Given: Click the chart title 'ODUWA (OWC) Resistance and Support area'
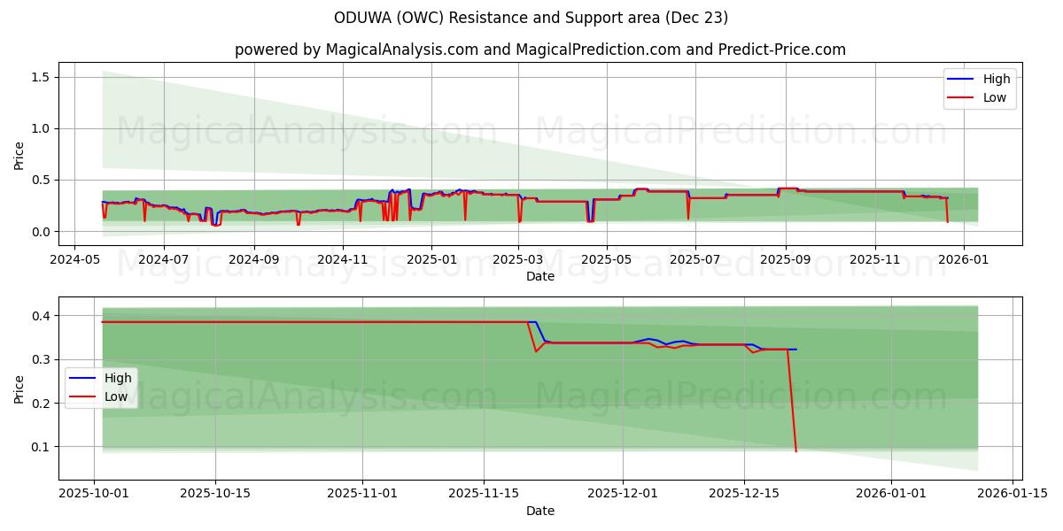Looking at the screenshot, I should point(531,18).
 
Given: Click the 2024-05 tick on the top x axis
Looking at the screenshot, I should point(74,260).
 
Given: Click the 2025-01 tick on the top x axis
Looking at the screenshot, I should point(431,260).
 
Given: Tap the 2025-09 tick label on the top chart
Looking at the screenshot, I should point(785,260).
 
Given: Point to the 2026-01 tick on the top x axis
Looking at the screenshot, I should point(963,260).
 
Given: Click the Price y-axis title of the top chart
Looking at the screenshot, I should point(19,154).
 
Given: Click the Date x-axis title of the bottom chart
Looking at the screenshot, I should point(540,511).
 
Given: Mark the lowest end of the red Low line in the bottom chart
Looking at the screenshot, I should point(796,452).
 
